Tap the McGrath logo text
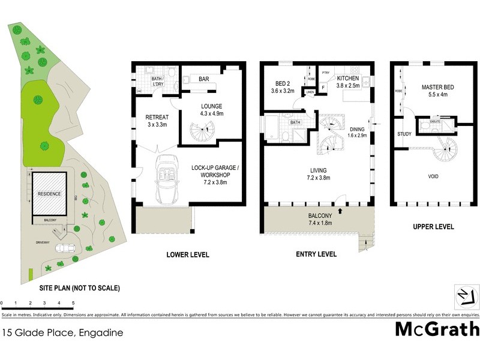point(437,329)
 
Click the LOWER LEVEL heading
point(188,255)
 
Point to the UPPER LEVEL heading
point(433,227)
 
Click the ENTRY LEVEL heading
point(316,255)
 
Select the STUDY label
point(404,134)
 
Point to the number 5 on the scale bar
point(73,304)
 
